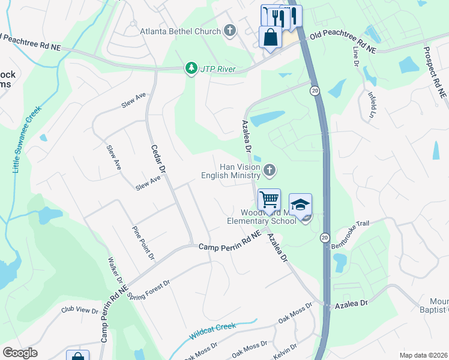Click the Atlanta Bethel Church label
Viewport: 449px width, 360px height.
point(180,31)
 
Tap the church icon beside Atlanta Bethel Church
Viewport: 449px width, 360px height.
point(229,31)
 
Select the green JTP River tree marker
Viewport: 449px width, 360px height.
point(191,68)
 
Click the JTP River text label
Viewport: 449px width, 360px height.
point(218,68)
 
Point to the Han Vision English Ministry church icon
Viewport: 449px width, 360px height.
point(270,171)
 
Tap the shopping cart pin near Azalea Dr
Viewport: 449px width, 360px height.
point(269,200)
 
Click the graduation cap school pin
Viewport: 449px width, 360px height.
point(300,204)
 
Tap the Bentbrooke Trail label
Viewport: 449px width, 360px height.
point(348,229)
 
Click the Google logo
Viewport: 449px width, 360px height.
point(20,353)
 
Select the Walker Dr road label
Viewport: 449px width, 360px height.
point(115,272)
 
